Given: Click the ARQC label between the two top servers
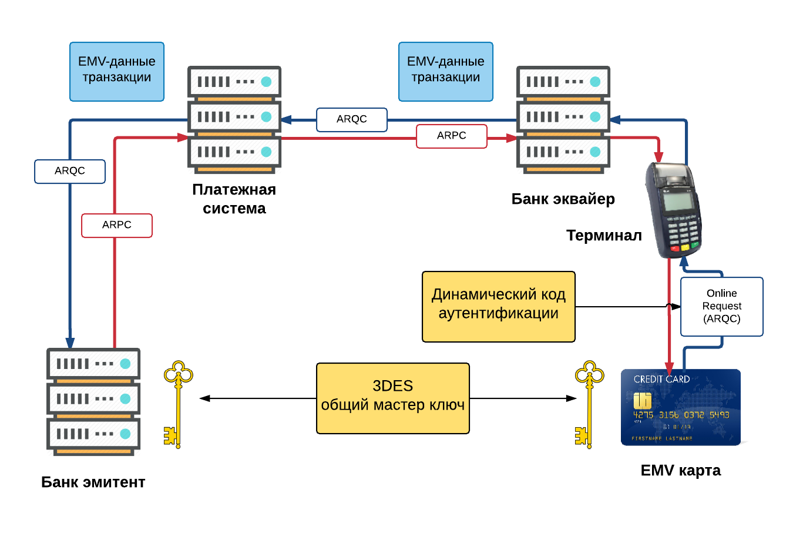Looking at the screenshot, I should click(351, 119).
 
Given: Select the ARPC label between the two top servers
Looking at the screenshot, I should click(451, 136).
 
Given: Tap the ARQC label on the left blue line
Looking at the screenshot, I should click(70, 171).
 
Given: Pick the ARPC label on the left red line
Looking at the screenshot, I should click(116, 225).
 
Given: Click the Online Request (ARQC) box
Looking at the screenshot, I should click(721, 306).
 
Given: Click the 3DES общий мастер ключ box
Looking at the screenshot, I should click(392, 398).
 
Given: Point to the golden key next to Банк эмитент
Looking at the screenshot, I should click(177, 404).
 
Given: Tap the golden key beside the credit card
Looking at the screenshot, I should click(588, 404).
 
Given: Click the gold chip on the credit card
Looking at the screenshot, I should click(642, 401).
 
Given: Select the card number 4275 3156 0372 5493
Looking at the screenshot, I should click(681, 415).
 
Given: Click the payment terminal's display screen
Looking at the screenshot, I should click(677, 201).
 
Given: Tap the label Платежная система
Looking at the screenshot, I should click(234, 199).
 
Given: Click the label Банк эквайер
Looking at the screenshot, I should click(563, 199).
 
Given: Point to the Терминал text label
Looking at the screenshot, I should click(603, 235).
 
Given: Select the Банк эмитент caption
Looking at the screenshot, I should click(93, 482).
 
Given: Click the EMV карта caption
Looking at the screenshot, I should click(680, 470).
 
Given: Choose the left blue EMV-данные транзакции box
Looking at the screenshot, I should click(117, 71).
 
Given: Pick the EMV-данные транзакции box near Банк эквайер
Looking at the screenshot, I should click(445, 71).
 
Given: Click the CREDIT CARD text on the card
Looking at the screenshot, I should click(661, 380).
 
